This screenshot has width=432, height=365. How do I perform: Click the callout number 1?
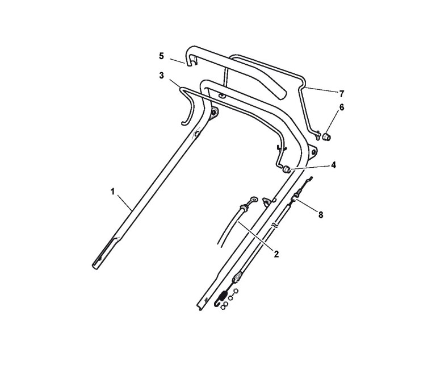[x=112, y=193]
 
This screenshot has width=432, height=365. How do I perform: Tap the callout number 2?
[x=276, y=254]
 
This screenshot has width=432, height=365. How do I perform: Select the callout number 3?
[x=161, y=75]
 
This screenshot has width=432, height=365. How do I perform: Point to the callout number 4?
[x=334, y=165]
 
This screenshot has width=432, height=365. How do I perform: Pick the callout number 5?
[x=161, y=56]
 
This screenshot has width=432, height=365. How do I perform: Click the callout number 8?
[x=321, y=215]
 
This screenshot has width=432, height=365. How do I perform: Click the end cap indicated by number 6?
[x=328, y=137]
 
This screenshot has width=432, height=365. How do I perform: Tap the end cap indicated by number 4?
[x=287, y=169]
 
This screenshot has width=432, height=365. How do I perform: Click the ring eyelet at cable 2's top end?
[x=254, y=200]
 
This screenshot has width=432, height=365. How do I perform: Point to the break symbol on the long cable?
[x=275, y=225]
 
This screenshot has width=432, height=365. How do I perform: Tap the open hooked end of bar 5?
[x=191, y=60]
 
